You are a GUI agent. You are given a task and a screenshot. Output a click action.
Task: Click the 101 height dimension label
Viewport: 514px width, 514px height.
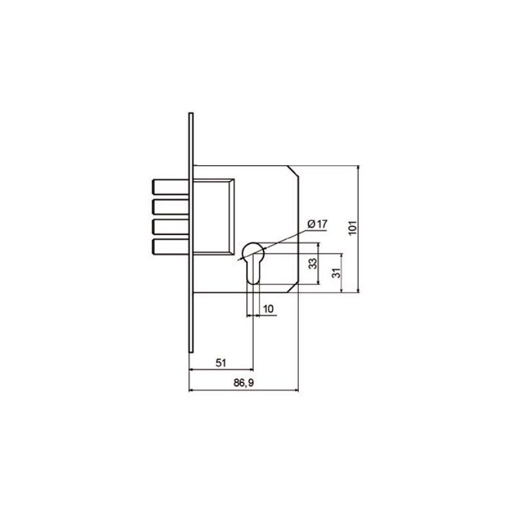point(352,227)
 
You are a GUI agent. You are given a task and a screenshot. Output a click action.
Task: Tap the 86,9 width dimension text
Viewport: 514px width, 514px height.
point(244,382)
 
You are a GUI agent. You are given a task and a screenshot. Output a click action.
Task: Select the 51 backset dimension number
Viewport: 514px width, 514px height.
point(221,363)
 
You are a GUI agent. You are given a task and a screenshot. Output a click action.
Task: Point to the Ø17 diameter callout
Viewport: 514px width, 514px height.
point(317,224)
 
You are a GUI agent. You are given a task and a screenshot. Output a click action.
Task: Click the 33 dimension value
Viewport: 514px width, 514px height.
point(313,263)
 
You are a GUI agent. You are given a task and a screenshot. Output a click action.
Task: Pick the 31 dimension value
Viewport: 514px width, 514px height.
point(336,272)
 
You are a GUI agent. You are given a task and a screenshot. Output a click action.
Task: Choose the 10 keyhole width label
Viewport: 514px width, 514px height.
point(268,309)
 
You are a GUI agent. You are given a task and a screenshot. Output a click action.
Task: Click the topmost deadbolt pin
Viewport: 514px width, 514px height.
point(171,187)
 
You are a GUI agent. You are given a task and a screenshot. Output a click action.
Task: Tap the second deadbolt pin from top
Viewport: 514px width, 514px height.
point(171,207)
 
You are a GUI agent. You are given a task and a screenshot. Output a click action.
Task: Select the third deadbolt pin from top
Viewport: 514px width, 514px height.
point(171,227)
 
